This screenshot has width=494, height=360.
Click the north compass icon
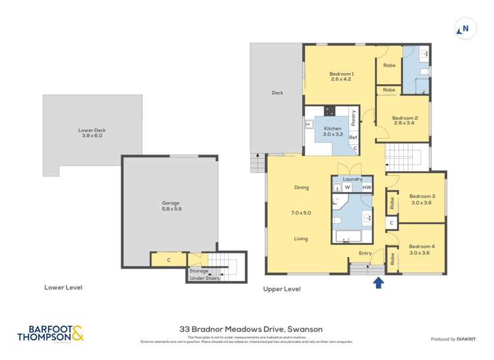point(464,28)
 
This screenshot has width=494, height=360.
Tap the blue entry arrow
point(379,283)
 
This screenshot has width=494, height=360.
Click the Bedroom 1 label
point(342,74)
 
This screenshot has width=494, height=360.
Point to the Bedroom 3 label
point(422,195)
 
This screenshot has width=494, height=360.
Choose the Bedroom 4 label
point(422,246)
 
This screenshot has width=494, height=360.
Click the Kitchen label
point(332,128)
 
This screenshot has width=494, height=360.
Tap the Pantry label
point(354,117)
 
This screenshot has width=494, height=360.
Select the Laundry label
point(353,179)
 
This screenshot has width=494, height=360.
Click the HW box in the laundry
point(367,188)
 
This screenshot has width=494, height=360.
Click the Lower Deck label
point(92,130)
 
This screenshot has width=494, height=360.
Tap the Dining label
point(301,188)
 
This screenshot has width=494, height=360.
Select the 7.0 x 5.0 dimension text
point(301,213)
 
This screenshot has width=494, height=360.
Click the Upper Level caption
point(282,289)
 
